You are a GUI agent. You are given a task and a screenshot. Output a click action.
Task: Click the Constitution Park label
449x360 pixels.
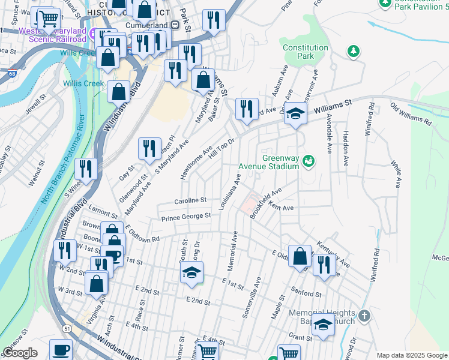pyautogui.click(x=306, y=52)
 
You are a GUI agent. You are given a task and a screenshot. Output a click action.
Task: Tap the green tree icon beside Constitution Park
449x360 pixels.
pyautogui.click(x=354, y=52)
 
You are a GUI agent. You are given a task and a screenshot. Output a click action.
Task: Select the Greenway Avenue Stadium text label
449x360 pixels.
pyautogui.click(x=280, y=163)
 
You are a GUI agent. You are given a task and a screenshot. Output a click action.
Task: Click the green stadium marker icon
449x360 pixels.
pyautogui.click(x=309, y=160)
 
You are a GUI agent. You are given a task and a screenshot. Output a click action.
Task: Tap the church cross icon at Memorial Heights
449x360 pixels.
pyautogui.click(x=364, y=315)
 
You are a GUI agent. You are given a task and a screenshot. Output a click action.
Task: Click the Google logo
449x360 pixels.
pyautogui.click(x=20, y=353)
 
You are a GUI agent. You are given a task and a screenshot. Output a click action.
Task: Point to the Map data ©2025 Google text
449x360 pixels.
pyautogui.click(x=411, y=355)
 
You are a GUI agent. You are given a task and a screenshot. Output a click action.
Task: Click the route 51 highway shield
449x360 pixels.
pyautogui.click(x=65, y=328)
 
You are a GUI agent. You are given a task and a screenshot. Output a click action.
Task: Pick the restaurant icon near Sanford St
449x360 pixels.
pyautogui.click(x=324, y=264)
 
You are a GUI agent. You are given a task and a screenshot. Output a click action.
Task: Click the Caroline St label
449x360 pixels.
pyautogui.click(x=190, y=200)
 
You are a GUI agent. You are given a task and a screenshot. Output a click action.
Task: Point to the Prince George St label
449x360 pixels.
pyautogui.click(x=186, y=216)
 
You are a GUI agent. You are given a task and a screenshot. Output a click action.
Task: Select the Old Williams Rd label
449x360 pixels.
pyautogui.click(x=411, y=113)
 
